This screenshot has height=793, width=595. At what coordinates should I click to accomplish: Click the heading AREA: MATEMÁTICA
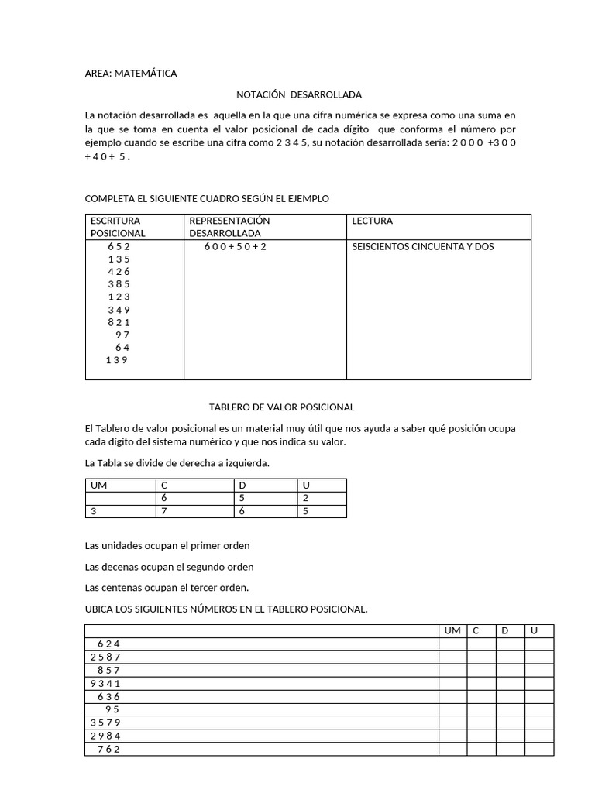pos(130,74)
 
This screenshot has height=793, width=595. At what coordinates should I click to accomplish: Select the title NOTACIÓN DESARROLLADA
pos(298,94)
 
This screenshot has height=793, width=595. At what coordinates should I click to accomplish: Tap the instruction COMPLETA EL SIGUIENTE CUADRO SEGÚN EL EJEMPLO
pos(207,199)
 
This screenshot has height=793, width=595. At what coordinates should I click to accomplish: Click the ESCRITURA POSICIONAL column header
pos(118,227)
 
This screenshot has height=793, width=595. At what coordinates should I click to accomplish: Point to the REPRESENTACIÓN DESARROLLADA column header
pos(229,227)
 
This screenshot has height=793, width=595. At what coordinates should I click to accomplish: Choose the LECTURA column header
pos(372,221)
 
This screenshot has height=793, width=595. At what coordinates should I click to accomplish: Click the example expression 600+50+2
pos(235,246)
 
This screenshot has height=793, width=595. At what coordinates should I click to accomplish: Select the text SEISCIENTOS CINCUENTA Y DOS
pos(422,246)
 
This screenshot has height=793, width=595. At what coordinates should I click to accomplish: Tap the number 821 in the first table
pos(119,322)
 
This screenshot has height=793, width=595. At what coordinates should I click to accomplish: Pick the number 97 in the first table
pos(122,335)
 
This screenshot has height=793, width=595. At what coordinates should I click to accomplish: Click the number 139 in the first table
pos(116,360)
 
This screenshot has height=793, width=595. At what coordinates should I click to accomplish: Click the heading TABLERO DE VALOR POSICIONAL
pos(282,407)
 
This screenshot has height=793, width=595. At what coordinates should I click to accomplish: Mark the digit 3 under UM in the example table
pos(95,511)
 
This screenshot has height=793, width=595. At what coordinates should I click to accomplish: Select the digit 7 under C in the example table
pos(163,511)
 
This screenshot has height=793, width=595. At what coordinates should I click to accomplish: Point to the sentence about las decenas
pos(169,567)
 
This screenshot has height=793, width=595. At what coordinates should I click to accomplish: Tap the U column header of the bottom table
pos(534,631)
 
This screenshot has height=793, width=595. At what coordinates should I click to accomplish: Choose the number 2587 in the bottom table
pos(105,657)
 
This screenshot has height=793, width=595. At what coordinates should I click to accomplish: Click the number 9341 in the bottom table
pos(105,683)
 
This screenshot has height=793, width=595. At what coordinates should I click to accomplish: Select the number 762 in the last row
pos(108,749)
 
